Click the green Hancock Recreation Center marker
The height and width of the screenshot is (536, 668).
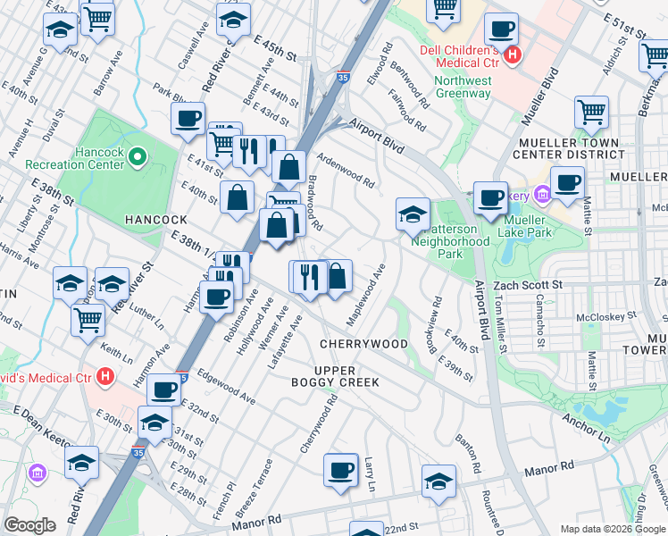[137, 159]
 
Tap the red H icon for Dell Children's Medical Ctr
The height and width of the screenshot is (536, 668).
[513, 55]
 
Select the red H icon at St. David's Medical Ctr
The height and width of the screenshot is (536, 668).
[106, 377]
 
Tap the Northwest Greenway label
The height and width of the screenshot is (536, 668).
[463, 87]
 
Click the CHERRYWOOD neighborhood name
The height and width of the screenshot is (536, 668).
[363, 344]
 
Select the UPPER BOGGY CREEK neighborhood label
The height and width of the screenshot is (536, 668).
[347, 376]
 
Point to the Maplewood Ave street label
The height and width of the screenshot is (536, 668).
[366, 294]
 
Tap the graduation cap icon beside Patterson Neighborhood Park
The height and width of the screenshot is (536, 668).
[412, 213]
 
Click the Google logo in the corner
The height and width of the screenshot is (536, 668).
[29, 525]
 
